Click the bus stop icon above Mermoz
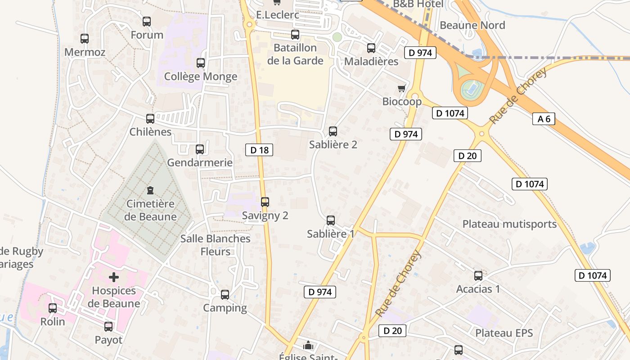click(x=85, y=39)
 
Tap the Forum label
click(x=147, y=35)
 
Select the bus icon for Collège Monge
click(x=201, y=63)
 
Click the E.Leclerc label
click(x=278, y=15)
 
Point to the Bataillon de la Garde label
click(x=295, y=54)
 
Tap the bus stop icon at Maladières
click(x=371, y=48)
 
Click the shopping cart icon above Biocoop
click(x=402, y=88)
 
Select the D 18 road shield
click(x=259, y=150)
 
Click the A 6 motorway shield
click(x=544, y=119)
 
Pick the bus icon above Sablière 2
click(x=333, y=131)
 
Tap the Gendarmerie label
click(x=200, y=162)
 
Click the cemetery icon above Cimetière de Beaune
click(x=150, y=190)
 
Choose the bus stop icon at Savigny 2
click(x=265, y=202)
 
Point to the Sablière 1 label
click(x=331, y=234)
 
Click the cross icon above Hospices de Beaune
click(x=114, y=277)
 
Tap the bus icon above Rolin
click(x=53, y=308)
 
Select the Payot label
click(x=108, y=340)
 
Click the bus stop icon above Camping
click(x=225, y=295)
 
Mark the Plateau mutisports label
click(x=509, y=224)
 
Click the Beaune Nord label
click(x=472, y=25)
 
